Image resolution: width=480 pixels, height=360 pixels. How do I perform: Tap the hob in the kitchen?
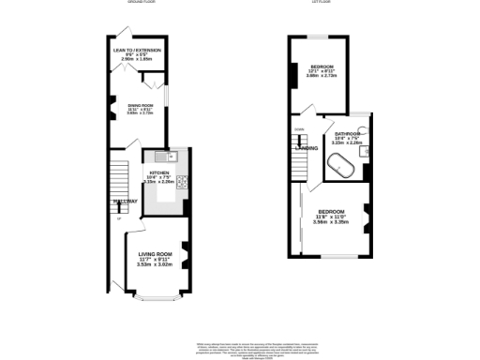pos(183,183)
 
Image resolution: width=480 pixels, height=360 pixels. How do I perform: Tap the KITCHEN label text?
pos(158,173)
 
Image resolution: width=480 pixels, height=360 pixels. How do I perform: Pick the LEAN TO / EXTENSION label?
pos(137,49)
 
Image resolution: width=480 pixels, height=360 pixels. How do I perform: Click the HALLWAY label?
pos(126,202)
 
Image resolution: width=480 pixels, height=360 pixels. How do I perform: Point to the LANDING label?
pos(306,148)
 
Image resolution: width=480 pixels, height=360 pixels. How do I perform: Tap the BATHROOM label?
pos(348,133)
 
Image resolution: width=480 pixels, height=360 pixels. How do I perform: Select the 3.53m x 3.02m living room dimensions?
pos(157,264)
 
